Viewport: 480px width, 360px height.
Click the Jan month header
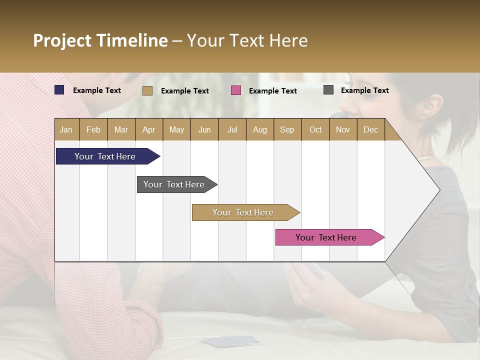click(x=66, y=129)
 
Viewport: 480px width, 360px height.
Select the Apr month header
click(x=149, y=129)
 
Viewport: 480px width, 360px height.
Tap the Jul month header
click(x=232, y=129)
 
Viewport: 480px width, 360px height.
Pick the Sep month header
click(x=287, y=129)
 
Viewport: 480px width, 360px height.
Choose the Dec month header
click(x=370, y=129)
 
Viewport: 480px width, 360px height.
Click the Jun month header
click(x=204, y=129)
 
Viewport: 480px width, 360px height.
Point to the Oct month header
click(x=315, y=129)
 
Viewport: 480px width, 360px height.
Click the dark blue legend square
click(x=59, y=90)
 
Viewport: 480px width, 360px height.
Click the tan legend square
click(x=147, y=90)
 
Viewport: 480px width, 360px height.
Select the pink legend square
click(x=236, y=90)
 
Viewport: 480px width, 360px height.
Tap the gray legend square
click(x=328, y=90)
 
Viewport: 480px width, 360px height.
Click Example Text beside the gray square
click(x=364, y=90)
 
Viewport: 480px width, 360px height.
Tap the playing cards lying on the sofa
click(x=232, y=341)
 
